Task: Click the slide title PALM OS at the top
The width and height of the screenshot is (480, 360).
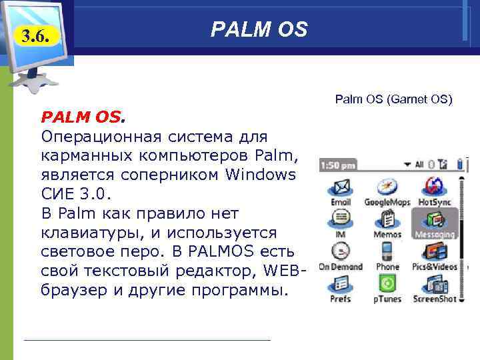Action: coord(259,29)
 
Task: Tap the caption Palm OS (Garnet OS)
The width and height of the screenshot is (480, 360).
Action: coord(393,100)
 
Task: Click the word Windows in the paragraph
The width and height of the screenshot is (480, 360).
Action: coord(260,175)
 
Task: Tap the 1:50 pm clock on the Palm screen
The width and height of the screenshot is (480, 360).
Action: coord(338,164)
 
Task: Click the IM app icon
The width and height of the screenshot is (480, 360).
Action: coord(341,219)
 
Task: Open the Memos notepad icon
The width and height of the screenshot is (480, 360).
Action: coord(387,219)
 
